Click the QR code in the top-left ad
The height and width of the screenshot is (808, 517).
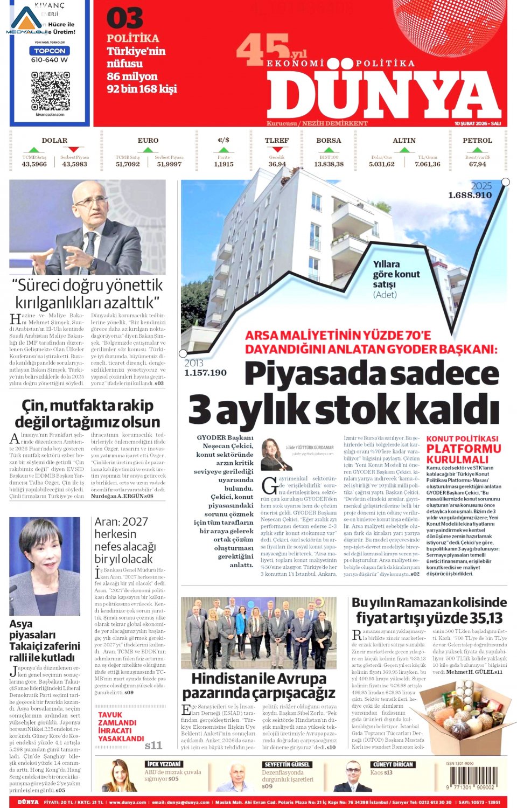tap(50, 90)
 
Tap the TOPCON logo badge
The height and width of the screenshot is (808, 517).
tap(50, 51)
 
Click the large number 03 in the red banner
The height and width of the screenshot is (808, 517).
tap(124, 19)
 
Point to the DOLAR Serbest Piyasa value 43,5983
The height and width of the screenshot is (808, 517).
tap(74, 164)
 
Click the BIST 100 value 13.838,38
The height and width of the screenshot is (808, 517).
tap(329, 164)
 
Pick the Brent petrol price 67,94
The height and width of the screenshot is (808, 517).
tap(477, 164)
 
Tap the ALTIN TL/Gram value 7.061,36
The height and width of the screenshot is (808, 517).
tap(427, 164)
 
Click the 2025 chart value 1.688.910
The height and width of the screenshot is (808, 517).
tap(470, 196)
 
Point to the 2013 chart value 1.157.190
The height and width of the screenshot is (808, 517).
tap(205, 373)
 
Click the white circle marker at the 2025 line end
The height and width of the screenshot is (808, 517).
tap(505, 182)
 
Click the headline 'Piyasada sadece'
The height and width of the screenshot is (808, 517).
tap(372, 374)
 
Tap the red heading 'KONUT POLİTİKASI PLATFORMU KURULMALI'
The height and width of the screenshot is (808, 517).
tap(463, 449)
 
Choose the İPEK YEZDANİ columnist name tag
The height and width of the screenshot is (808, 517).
tap(164, 764)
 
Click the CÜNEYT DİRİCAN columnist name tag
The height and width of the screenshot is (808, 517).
tap(393, 764)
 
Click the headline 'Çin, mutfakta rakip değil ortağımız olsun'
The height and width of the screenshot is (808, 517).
tap(87, 413)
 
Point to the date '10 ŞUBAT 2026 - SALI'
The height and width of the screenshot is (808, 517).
tap(477, 123)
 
